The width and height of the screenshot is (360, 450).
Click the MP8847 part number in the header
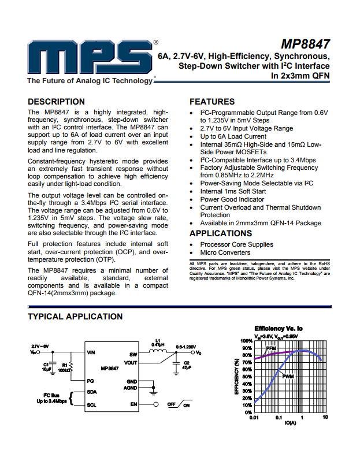[x=306, y=44]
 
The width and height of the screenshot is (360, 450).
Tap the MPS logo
[x=92, y=59]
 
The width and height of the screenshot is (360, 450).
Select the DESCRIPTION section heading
[x=56, y=102]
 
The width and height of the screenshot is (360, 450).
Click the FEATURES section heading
[x=212, y=102]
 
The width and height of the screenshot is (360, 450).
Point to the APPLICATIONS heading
[x=221, y=233]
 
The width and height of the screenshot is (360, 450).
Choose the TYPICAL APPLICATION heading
[x=75, y=317]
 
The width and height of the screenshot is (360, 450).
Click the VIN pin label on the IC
[x=91, y=352]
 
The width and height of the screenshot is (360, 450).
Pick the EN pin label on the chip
[x=133, y=404]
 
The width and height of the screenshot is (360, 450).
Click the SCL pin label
[x=91, y=404]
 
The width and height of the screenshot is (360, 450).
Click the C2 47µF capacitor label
[x=187, y=365]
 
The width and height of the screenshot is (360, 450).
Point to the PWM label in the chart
[x=288, y=377]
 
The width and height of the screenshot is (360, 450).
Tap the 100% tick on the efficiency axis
[x=247, y=341]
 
